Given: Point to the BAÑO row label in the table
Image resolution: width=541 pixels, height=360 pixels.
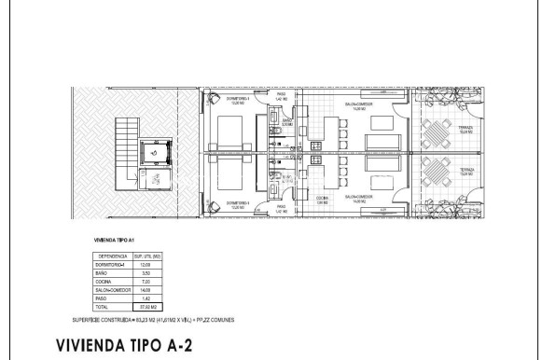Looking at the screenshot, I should click(101, 271).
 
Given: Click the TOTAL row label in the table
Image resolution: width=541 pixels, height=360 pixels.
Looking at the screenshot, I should click(102, 305).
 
